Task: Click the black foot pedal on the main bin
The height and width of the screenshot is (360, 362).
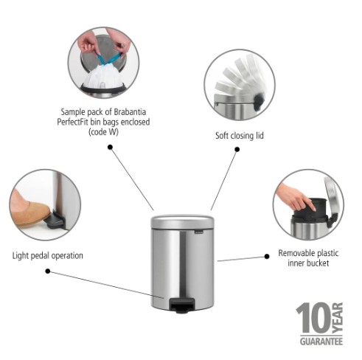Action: click(183, 305)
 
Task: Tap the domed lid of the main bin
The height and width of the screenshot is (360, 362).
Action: click(182, 221)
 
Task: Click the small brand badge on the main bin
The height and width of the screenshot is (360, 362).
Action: click(199, 232)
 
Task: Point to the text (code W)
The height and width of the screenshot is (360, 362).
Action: click(103, 132)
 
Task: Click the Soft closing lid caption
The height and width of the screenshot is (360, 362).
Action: click(240, 136)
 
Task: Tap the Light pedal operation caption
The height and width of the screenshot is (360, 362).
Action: click(48, 256)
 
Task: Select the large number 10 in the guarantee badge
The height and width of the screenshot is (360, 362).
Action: click(313, 318)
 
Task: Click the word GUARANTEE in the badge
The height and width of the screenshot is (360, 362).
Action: click(321, 342)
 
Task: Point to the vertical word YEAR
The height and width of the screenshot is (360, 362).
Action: click(338, 318)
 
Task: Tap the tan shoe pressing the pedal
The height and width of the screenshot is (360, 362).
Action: click(30, 212)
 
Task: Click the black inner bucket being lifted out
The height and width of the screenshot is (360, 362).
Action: click(310, 208)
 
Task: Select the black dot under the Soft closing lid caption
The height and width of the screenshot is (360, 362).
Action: click(237, 149)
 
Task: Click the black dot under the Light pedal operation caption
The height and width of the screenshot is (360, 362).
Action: click(48, 271)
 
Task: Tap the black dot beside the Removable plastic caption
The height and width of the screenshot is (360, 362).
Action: click(267, 257)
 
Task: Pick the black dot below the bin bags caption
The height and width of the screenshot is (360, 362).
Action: click(110, 147)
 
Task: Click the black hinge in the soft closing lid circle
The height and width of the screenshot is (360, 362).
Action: click(259, 102)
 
